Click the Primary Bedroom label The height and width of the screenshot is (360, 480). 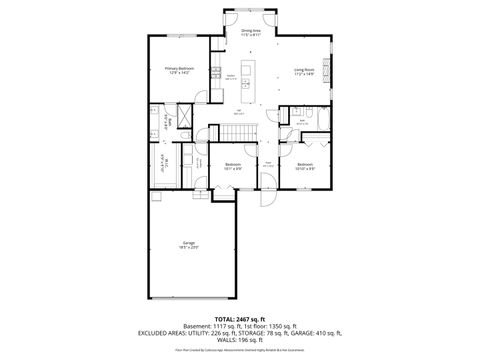pyautogui.click(x=179, y=70)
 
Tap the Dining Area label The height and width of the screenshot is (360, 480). pyautogui.click(x=251, y=32)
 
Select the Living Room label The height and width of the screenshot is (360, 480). pyautogui.click(x=304, y=71)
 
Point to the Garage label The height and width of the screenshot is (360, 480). pyautogui.click(x=188, y=244)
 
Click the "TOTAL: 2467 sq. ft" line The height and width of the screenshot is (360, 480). pyautogui.click(x=240, y=318)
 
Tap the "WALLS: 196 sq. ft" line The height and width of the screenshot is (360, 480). pyautogui.click(x=240, y=340)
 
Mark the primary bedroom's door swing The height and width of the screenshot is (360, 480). pyautogui.click(x=203, y=96)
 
